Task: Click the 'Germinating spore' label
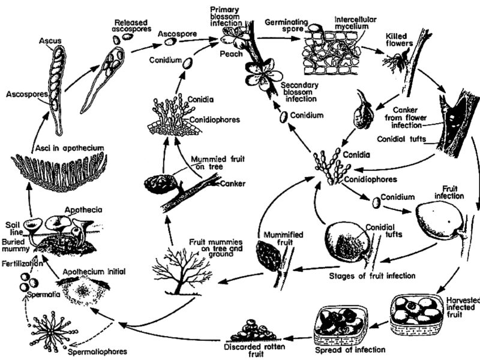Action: [x=287, y=26]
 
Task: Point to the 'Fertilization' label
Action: [x=22, y=263]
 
